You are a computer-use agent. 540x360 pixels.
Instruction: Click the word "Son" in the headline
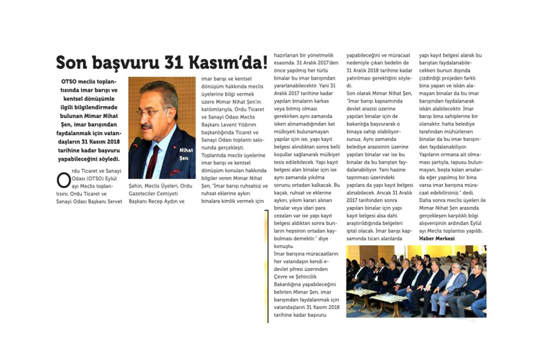click(71, 63)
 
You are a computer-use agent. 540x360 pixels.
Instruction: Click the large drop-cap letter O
click(63, 180)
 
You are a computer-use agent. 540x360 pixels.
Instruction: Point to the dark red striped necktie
click(152, 160)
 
